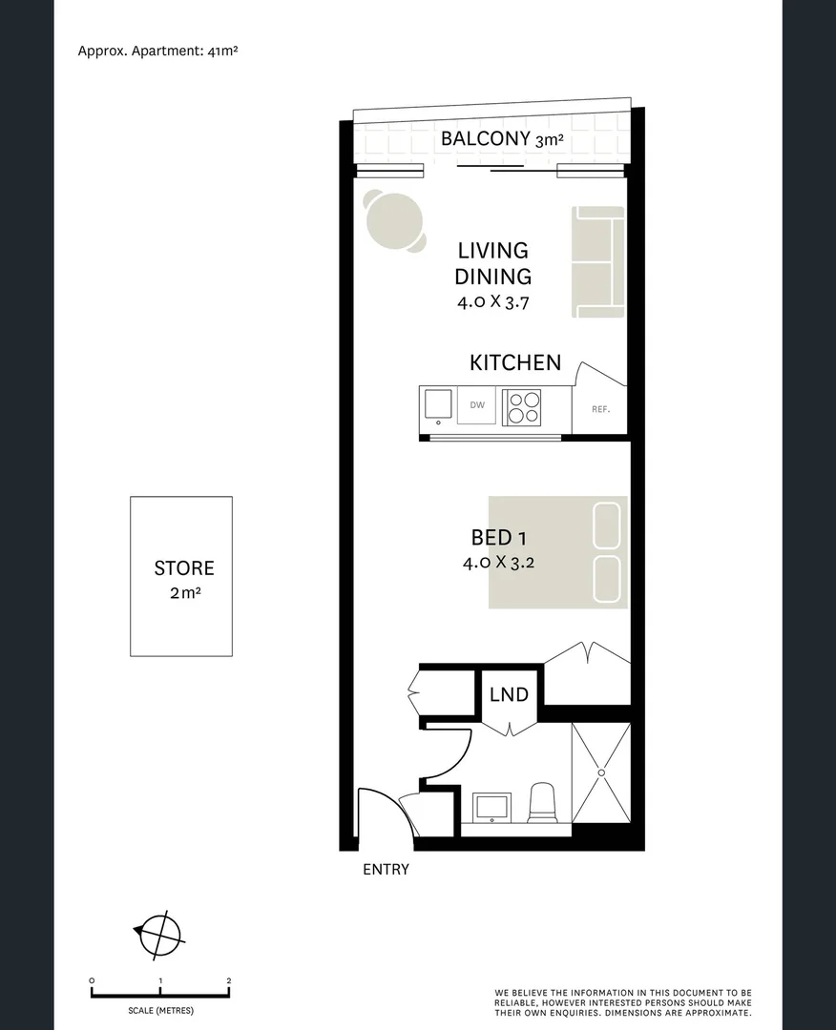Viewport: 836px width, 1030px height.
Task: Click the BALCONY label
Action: [485, 139]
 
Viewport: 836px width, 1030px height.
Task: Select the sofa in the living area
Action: [598, 261]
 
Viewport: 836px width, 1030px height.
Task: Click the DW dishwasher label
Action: [477, 405]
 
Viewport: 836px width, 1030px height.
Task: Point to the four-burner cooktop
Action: [521, 407]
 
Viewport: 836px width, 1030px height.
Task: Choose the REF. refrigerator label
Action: [600, 409]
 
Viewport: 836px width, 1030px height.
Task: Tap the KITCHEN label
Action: [515, 362]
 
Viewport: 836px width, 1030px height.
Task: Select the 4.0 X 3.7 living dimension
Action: [493, 303]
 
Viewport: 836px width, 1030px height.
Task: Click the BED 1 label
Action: [498, 539]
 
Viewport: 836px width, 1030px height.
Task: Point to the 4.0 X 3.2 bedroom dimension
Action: [498, 563]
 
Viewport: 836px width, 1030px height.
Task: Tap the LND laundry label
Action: [509, 694]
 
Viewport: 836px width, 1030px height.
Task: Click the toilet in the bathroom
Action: [542, 803]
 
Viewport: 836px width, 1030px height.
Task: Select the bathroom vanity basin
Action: [493, 806]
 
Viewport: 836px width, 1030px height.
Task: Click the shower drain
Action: [601, 772]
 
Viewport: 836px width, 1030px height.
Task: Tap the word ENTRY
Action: [386, 869]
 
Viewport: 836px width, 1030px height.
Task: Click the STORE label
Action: [184, 568]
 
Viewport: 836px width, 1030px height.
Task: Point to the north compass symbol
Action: [158, 934]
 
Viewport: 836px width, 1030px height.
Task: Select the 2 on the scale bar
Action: [229, 980]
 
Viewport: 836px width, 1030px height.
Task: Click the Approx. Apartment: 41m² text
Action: [157, 51]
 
